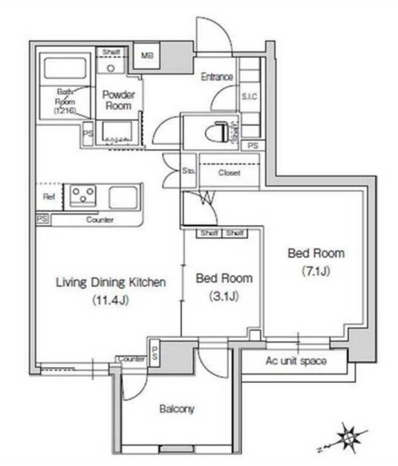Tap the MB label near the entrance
[148, 56]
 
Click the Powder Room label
[117, 100]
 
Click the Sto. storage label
[188, 172]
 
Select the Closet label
[229, 172]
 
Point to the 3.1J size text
[224, 297]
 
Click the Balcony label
[177, 410]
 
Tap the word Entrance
[217, 77]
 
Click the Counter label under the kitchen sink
[99, 220]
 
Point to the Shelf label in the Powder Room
[111, 51]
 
